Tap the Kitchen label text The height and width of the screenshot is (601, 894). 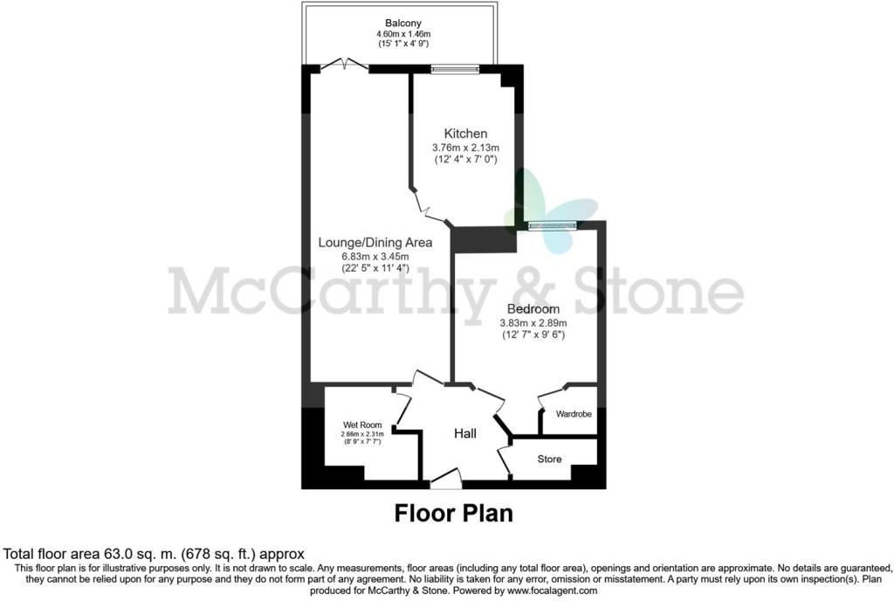[465, 134]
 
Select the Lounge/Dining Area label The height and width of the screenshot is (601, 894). [363, 243]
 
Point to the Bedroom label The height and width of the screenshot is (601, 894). [533, 309]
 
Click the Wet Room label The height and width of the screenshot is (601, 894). [361, 425]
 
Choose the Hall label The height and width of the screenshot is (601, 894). [464, 433]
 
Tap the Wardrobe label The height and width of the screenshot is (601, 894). [569, 414]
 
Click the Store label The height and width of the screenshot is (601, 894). [549, 459]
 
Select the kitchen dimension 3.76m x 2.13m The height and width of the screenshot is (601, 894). [465, 148]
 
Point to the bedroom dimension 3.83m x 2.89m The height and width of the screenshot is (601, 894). [533, 323]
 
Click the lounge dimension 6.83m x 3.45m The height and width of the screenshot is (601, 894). [363, 257]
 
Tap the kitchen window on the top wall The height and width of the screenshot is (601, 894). [454, 67]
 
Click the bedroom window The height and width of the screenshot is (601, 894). [552, 225]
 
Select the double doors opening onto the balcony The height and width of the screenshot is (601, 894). [344, 64]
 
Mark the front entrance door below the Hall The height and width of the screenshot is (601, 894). [445, 479]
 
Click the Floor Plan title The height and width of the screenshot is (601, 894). [453, 512]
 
